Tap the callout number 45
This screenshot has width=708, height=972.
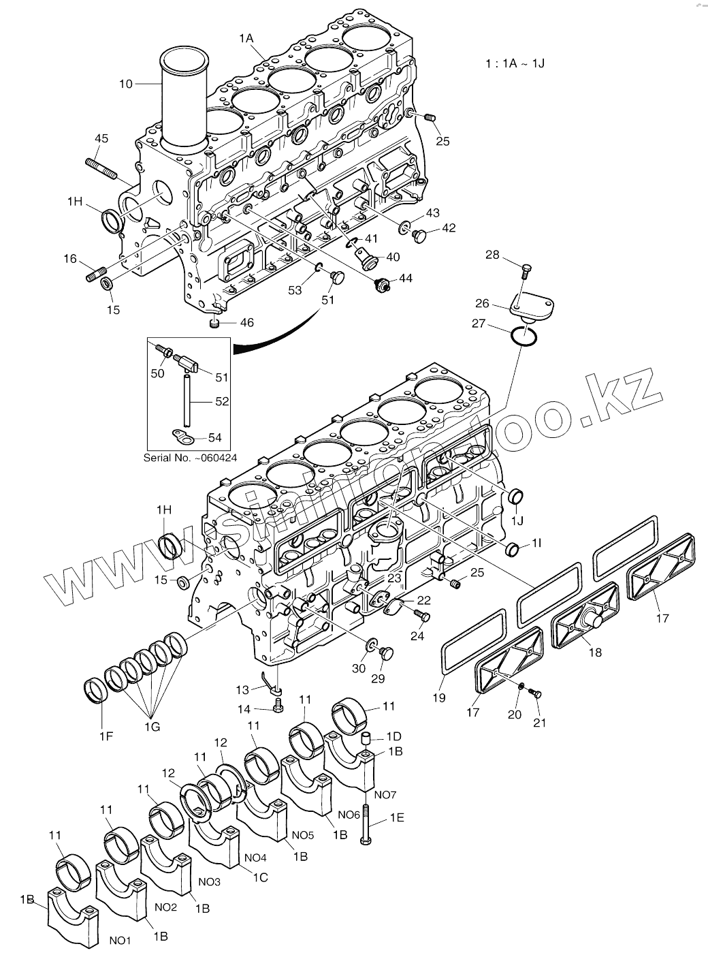[x=101, y=139]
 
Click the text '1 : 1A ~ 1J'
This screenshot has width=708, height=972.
[x=515, y=63]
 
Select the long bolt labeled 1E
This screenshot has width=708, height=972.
[x=366, y=824]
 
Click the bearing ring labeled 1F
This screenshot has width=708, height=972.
[x=96, y=689]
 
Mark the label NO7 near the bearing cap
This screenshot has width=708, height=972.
[x=385, y=794]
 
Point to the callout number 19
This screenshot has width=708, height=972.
[x=438, y=697]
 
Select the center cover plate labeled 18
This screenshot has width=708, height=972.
[x=585, y=616]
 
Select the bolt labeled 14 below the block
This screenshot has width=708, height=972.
[x=278, y=709]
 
